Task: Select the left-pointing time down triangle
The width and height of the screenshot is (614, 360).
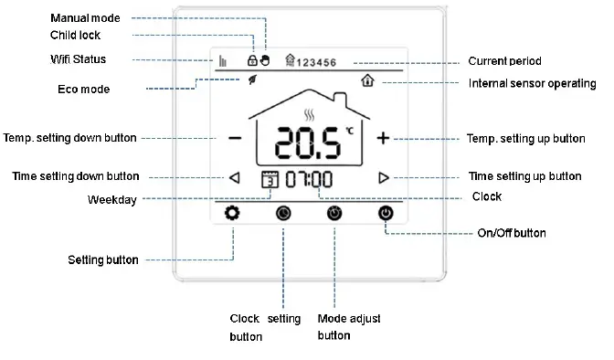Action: coord(235,178)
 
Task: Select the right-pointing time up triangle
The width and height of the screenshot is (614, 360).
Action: coord(384,178)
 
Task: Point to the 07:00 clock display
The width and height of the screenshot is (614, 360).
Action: coord(309,179)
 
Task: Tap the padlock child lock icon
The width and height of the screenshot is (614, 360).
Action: coord(253,60)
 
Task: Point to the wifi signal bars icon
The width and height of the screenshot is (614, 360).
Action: coord(222,61)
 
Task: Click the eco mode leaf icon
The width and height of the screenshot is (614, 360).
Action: coord(252,80)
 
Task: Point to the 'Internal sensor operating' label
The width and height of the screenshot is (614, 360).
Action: coord(533,83)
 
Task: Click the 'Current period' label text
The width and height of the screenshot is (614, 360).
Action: coord(505,61)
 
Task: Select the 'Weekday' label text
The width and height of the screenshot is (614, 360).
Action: coord(111,200)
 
